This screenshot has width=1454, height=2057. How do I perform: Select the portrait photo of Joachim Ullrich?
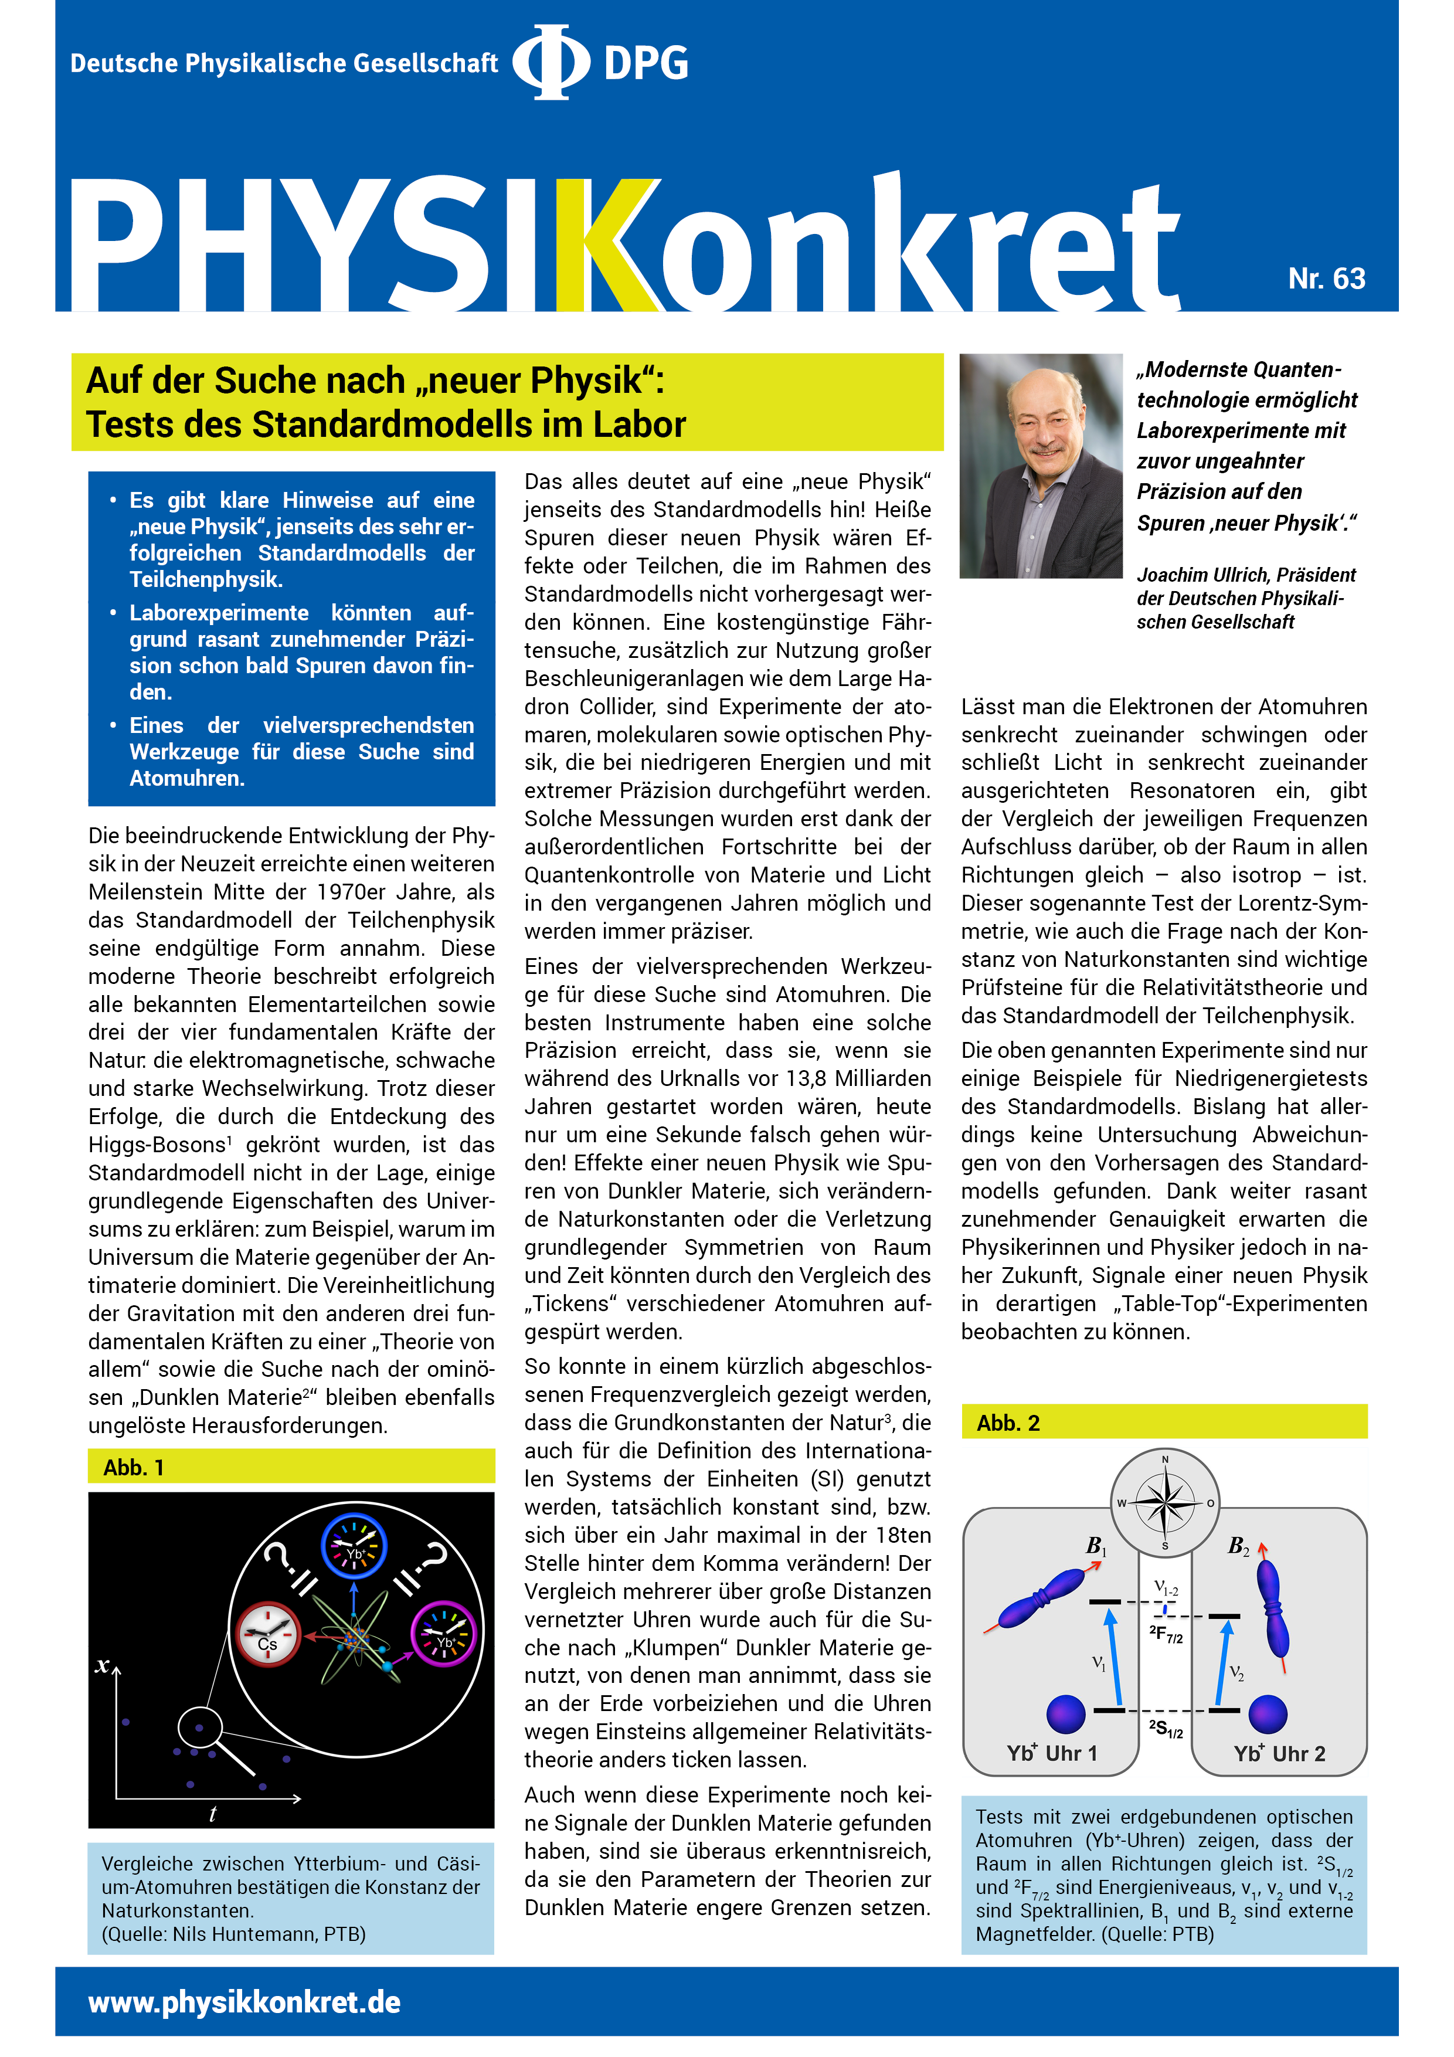click(1040, 465)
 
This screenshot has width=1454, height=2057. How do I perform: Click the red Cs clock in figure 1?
click(267, 1634)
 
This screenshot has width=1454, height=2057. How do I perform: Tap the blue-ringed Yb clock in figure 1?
click(354, 1546)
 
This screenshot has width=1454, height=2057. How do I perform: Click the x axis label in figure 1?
click(103, 1665)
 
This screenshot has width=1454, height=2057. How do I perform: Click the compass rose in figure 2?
click(1164, 1502)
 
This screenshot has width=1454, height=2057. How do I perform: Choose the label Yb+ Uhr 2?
click(1279, 1753)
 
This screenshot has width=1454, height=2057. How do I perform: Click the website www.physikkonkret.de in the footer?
click(244, 2002)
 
